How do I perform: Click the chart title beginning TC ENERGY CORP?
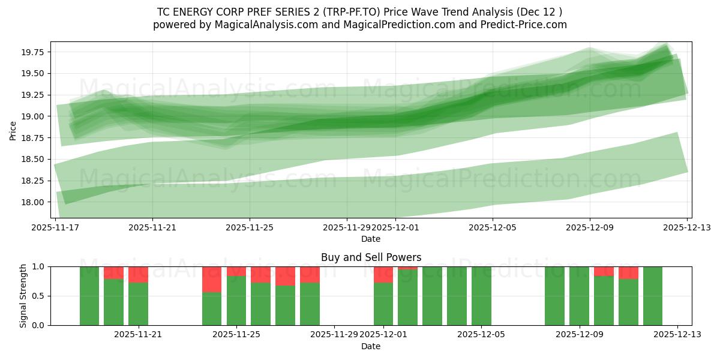click(x=360, y=12)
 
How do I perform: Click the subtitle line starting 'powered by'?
click(x=360, y=25)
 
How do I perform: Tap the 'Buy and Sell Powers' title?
click(x=371, y=257)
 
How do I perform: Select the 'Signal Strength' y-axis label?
click(x=23, y=295)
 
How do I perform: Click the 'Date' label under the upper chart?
click(x=371, y=239)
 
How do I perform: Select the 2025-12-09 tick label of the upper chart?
click(x=589, y=227)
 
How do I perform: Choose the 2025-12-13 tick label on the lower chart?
click(x=677, y=335)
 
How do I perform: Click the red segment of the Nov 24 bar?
click(x=212, y=279)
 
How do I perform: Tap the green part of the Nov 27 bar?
click(x=285, y=305)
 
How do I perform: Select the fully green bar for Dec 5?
click(x=481, y=296)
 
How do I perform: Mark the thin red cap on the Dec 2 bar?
click(x=407, y=268)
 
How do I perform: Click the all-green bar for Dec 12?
click(x=653, y=296)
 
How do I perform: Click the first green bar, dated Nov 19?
click(x=89, y=296)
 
